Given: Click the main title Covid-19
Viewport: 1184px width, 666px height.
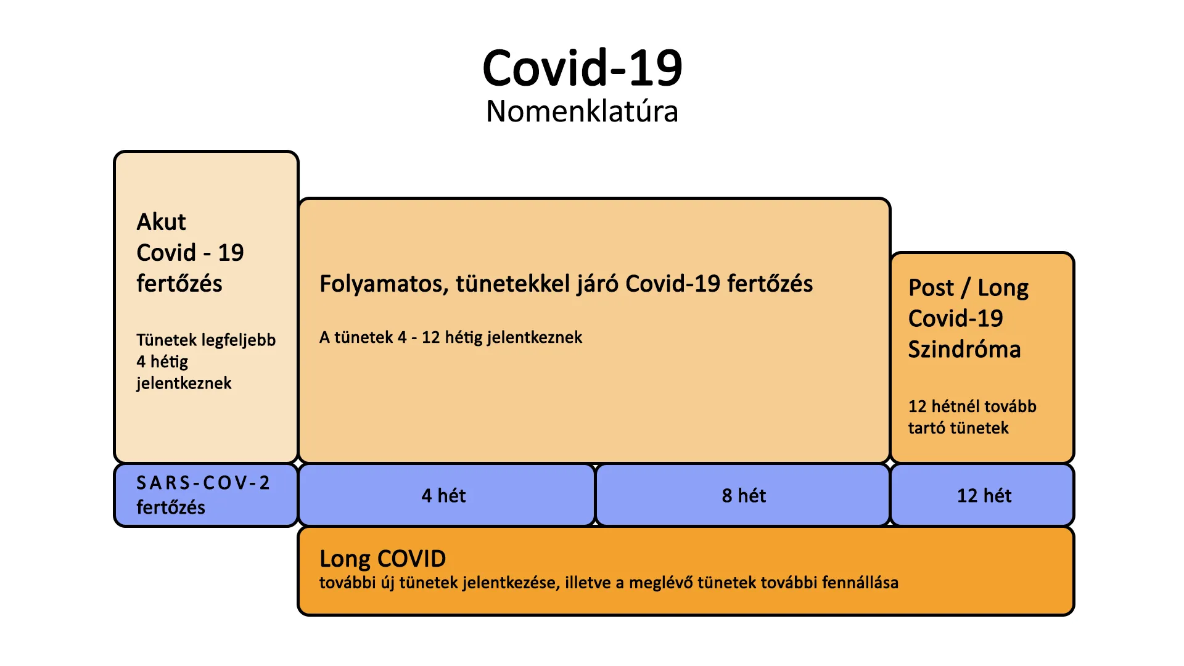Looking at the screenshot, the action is (x=582, y=68).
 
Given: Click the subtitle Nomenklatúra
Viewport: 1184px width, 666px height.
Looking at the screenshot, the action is (x=582, y=112).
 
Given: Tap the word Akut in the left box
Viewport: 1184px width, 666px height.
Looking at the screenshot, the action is (x=161, y=222).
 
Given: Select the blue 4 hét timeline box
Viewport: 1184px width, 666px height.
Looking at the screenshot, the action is (x=446, y=495).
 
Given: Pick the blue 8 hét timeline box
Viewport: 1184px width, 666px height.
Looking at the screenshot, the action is (x=743, y=495).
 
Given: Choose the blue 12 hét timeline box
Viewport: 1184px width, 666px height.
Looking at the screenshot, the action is (x=983, y=495).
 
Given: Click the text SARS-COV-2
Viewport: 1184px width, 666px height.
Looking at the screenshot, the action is (x=203, y=483).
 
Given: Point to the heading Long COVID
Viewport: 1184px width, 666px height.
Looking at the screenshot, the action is (x=382, y=559).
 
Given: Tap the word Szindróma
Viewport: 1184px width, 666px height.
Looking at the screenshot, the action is (x=964, y=350).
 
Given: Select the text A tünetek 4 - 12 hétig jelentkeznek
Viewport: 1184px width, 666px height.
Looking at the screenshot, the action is (x=451, y=337).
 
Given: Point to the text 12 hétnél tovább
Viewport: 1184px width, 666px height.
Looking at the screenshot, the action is (x=972, y=406).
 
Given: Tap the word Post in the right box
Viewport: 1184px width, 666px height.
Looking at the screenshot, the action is (x=931, y=288).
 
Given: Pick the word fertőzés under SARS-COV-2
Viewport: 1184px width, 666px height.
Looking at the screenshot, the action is (x=171, y=508).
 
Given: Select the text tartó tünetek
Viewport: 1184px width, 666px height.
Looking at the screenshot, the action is (x=958, y=428).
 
